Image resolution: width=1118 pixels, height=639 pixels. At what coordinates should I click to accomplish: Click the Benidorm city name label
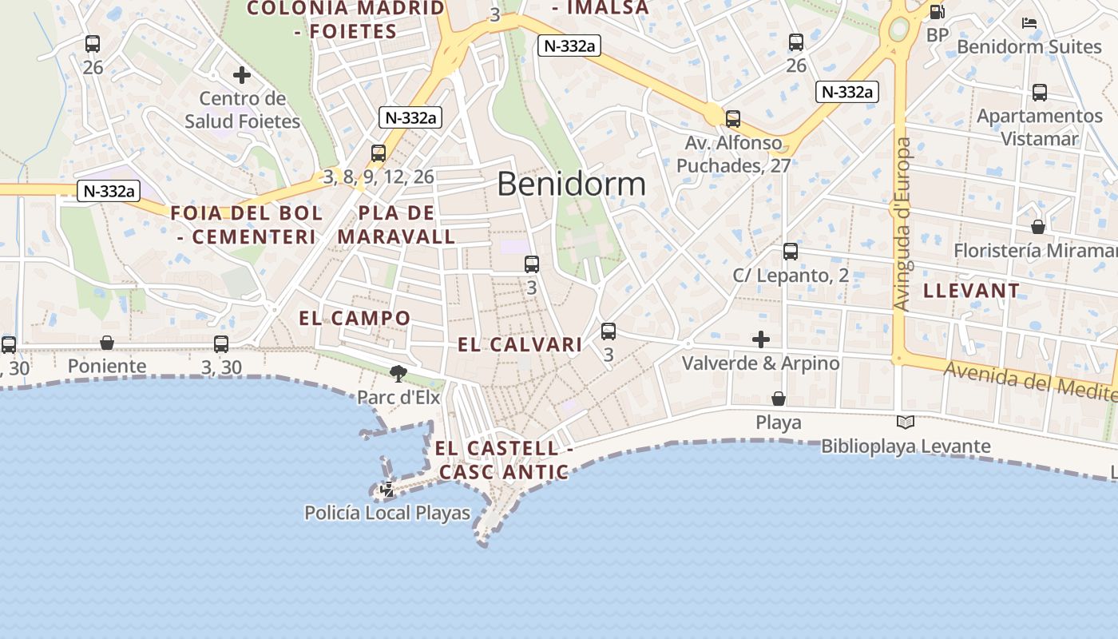coord(571,185)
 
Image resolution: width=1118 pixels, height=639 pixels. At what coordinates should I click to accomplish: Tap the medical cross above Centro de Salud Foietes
coord(242,75)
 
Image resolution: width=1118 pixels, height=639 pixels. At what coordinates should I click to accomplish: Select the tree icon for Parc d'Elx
coord(398,373)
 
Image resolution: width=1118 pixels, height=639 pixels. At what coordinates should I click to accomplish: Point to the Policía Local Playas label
coord(387,513)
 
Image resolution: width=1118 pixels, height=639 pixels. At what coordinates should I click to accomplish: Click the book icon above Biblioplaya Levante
coord(906,423)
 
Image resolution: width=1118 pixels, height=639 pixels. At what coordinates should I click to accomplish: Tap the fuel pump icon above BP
coord(937,12)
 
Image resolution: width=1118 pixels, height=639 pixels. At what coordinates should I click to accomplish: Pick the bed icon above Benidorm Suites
coord(1029,23)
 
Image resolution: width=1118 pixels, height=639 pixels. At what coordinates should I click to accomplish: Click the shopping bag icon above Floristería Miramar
coord(1038,227)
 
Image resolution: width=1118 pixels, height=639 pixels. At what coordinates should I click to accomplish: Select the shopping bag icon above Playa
coord(779,398)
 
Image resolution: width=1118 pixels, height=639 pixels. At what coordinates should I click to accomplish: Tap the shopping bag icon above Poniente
coord(107,343)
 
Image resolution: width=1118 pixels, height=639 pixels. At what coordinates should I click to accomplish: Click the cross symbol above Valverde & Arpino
coord(761,339)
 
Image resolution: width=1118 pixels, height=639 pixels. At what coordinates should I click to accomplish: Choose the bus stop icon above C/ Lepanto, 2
coord(791,252)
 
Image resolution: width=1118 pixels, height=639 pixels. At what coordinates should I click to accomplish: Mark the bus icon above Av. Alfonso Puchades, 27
coord(733,119)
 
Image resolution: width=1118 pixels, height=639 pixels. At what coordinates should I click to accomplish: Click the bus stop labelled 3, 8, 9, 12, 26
coord(379,153)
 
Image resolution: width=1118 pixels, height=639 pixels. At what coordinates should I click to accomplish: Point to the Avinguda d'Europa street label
coord(903,224)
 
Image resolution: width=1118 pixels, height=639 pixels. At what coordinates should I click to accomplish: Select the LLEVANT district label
coord(971,291)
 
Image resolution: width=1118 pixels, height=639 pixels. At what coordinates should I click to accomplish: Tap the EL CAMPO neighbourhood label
coord(355,318)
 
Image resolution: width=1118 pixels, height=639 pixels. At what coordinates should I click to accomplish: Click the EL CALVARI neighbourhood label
coord(520,345)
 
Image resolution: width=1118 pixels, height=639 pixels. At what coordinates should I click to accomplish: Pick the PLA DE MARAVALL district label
coord(396,225)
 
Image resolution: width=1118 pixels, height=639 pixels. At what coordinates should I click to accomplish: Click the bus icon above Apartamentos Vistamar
coord(1040,93)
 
